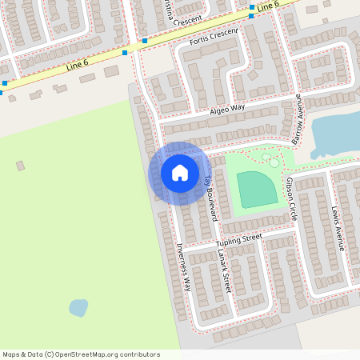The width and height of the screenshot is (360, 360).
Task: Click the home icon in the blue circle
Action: tap(179, 173)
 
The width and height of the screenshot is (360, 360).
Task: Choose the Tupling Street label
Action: tap(238, 239)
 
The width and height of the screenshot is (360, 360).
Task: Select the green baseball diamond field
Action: tap(256, 189)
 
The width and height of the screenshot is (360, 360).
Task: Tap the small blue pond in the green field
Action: tap(78, 307)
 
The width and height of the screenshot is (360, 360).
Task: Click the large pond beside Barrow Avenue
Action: tap(336, 133)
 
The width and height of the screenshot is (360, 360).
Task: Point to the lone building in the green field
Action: tap(20, 166)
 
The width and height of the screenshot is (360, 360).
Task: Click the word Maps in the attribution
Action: tap(12, 354)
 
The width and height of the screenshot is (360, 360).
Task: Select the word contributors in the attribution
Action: tap(138, 354)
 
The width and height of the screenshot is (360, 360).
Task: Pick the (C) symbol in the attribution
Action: tap(50, 354)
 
